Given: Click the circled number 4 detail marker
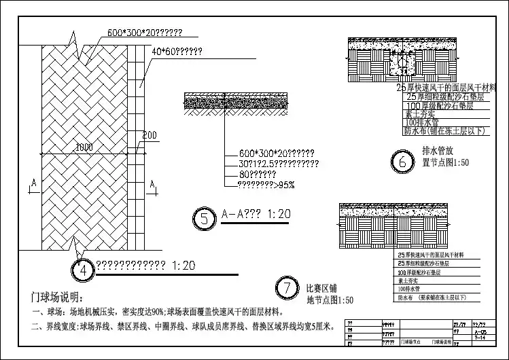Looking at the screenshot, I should (82, 270).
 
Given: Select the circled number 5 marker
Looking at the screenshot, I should (204, 218).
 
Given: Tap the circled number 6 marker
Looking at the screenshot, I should (402, 162).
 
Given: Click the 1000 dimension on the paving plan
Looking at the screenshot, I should (84, 147).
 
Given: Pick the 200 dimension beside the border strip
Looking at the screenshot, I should (150, 134).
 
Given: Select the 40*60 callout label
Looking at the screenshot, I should (176, 51).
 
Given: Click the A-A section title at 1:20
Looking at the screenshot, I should (256, 215).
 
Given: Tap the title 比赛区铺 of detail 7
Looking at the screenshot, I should (321, 288).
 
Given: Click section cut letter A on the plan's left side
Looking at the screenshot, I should (33, 183).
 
